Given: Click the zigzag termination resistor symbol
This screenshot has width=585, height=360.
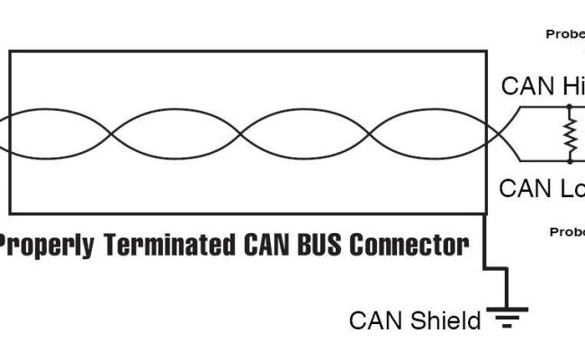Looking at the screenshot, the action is (569, 135).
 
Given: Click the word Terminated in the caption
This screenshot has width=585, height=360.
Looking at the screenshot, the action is (166, 244).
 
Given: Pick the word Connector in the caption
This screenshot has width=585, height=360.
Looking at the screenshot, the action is (409, 244).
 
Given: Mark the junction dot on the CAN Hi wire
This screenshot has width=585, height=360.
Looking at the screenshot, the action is (569, 108).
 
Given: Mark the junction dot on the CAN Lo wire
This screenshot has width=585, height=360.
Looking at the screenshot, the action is (569, 162).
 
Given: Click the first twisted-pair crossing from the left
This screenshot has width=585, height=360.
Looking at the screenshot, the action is (112, 135).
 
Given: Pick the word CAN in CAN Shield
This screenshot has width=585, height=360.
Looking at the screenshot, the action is (379, 320).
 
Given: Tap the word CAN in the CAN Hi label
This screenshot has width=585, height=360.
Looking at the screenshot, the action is (529, 86).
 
